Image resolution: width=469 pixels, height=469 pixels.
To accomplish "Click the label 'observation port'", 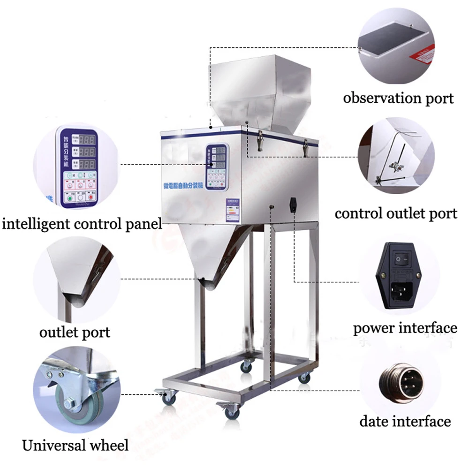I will coord(398,98).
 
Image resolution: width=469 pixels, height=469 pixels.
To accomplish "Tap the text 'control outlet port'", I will coord(395,214).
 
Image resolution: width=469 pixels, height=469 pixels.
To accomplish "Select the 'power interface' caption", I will coord(405,328).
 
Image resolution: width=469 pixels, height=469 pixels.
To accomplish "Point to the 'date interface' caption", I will coord(405,421).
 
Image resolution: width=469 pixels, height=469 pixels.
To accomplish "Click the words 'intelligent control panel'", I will coord(82,223).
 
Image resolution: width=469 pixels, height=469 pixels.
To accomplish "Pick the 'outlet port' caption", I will coord(75,333).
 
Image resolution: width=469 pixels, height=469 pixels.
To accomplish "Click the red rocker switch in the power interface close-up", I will coord(400,258).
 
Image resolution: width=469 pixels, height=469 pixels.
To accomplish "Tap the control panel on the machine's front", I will coord(217,167).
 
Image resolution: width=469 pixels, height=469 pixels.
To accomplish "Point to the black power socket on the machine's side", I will coord(294,205).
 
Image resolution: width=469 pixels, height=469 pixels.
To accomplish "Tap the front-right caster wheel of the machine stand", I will coord(231,413).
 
